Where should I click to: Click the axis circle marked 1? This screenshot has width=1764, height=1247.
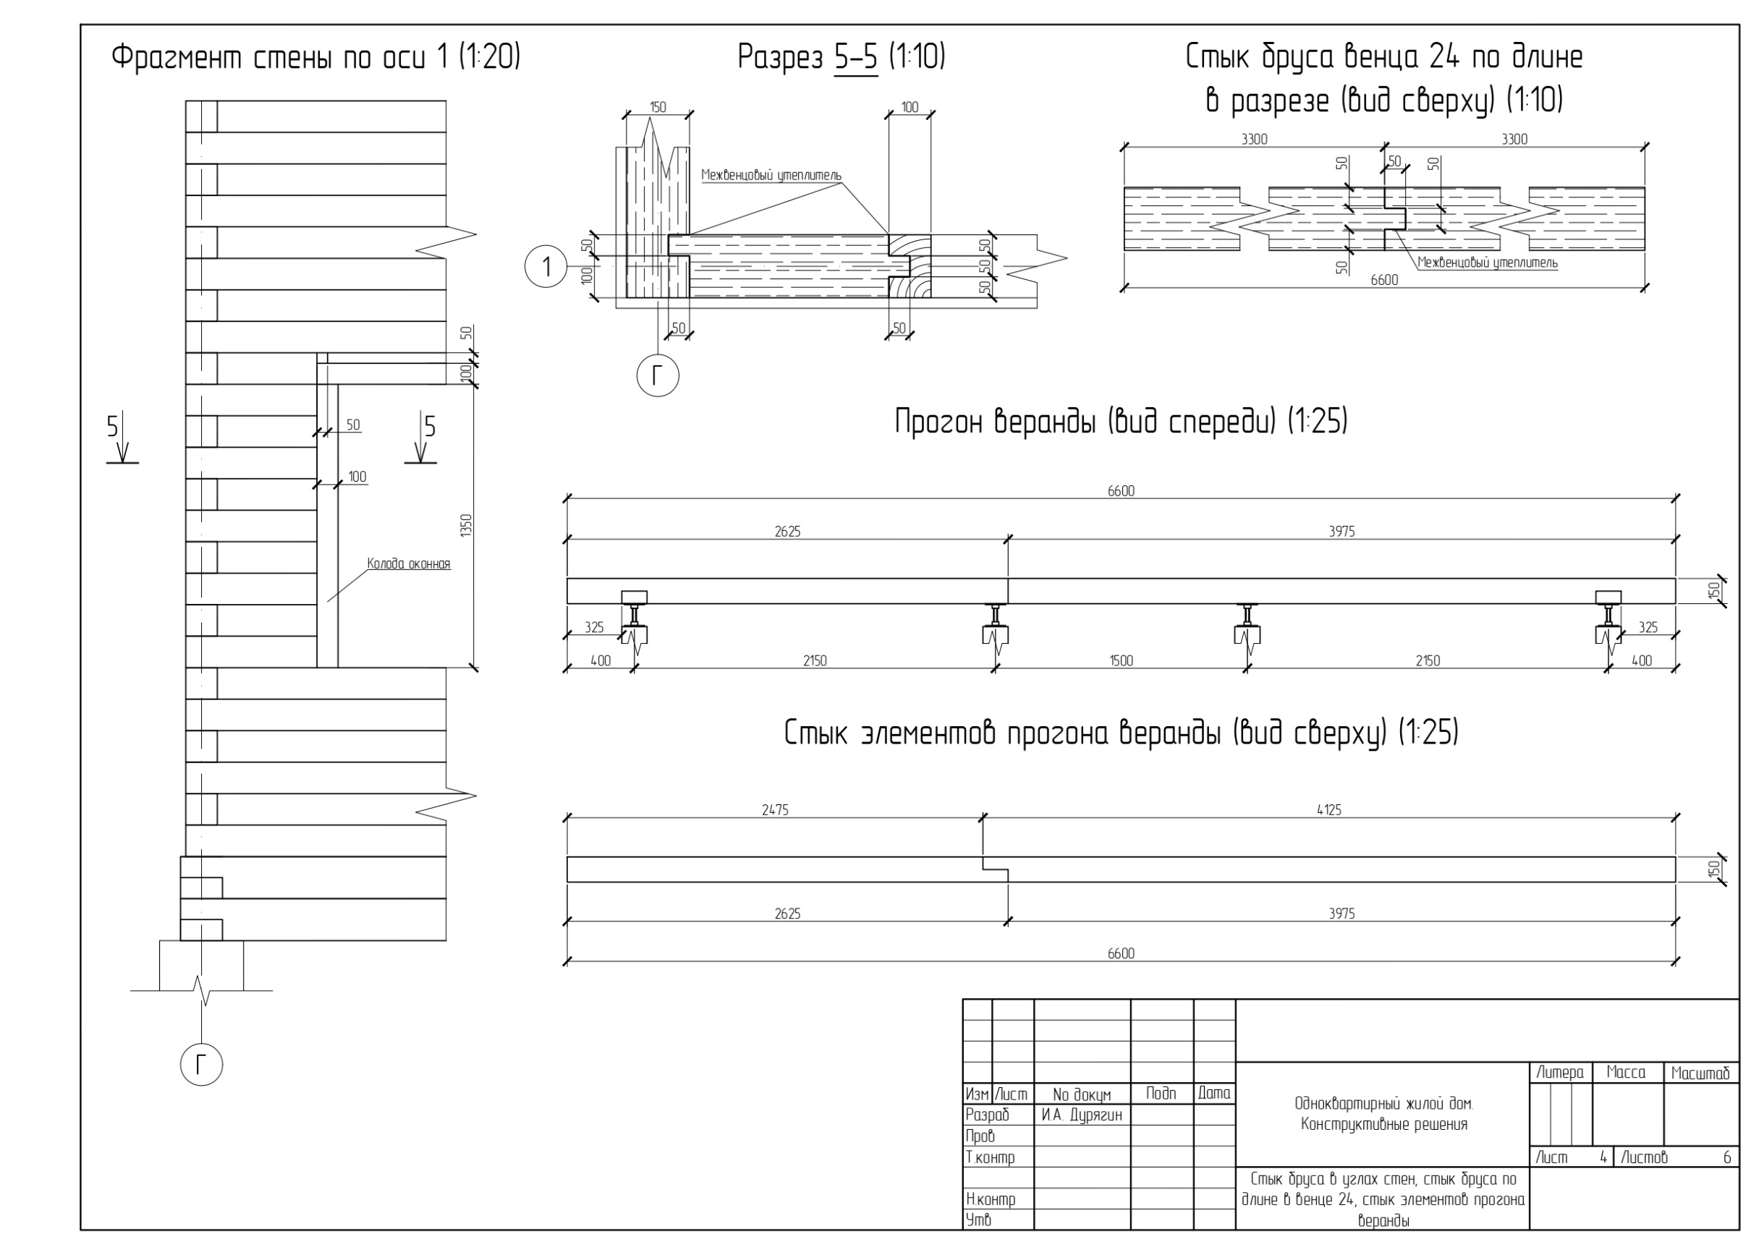pyautogui.click(x=546, y=266)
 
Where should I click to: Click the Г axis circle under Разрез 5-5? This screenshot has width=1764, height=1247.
pyautogui.click(x=658, y=375)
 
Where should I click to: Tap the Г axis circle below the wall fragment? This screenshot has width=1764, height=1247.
pyautogui.click(x=201, y=1064)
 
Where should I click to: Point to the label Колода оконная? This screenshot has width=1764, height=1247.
pyautogui.click(x=408, y=564)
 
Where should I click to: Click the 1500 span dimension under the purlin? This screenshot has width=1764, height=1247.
pyautogui.click(x=1121, y=660)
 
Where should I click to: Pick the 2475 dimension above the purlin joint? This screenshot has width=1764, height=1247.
pyautogui.click(x=774, y=810)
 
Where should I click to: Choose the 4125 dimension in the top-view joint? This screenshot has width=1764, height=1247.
pyautogui.click(x=1328, y=810)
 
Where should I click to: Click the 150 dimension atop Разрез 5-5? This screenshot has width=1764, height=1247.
pyautogui.click(x=658, y=108)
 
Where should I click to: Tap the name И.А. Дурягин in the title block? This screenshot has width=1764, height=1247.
pyautogui.click(x=1082, y=1115)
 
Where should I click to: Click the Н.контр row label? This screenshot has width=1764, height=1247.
pyautogui.click(x=991, y=1199)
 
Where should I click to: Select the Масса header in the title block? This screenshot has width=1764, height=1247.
pyautogui.click(x=1626, y=1073)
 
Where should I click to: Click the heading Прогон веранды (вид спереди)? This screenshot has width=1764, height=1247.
pyautogui.click(x=1121, y=422)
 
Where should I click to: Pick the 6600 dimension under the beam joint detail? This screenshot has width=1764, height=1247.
pyautogui.click(x=1383, y=280)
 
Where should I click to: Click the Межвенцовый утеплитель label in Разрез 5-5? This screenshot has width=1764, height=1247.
pyautogui.click(x=771, y=176)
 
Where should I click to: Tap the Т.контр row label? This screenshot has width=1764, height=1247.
pyautogui.click(x=990, y=1157)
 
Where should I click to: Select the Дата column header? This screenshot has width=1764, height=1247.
pyautogui.click(x=1214, y=1094)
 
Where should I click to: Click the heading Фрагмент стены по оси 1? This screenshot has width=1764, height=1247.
pyautogui.click(x=315, y=58)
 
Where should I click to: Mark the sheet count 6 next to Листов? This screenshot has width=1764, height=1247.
pyautogui.click(x=1727, y=1157)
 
